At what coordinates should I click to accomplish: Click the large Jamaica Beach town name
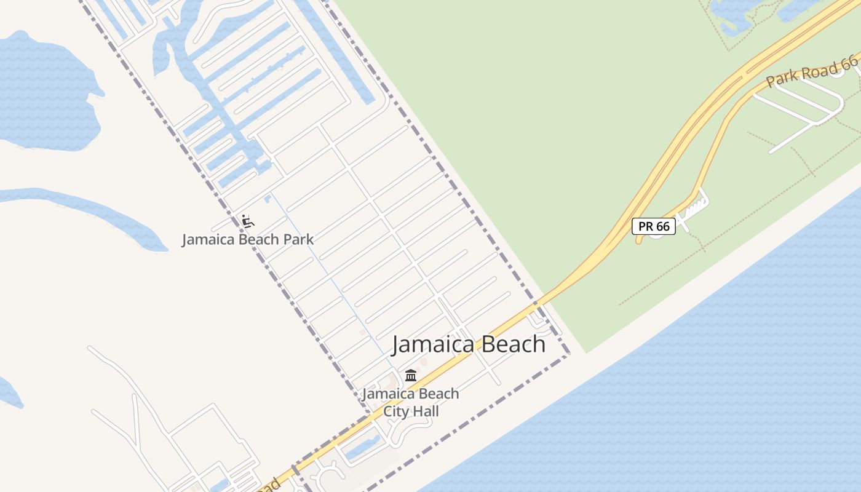click(x=468, y=344)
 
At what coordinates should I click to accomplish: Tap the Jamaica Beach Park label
click(x=247, y=239)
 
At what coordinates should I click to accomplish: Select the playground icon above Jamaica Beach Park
click(x=247, y=221)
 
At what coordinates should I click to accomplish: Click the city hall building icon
click(x=411, y=375)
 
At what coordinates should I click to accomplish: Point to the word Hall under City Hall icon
click(x=425, y=411)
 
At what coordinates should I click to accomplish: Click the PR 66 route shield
click(x=654, y=226)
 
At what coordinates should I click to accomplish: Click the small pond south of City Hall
click(x=362, y=448)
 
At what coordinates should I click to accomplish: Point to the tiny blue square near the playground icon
click(x=268, y=198)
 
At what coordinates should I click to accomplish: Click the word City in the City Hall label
click(x=397, y=411)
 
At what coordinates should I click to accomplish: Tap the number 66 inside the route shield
click(x=662, y=226)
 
